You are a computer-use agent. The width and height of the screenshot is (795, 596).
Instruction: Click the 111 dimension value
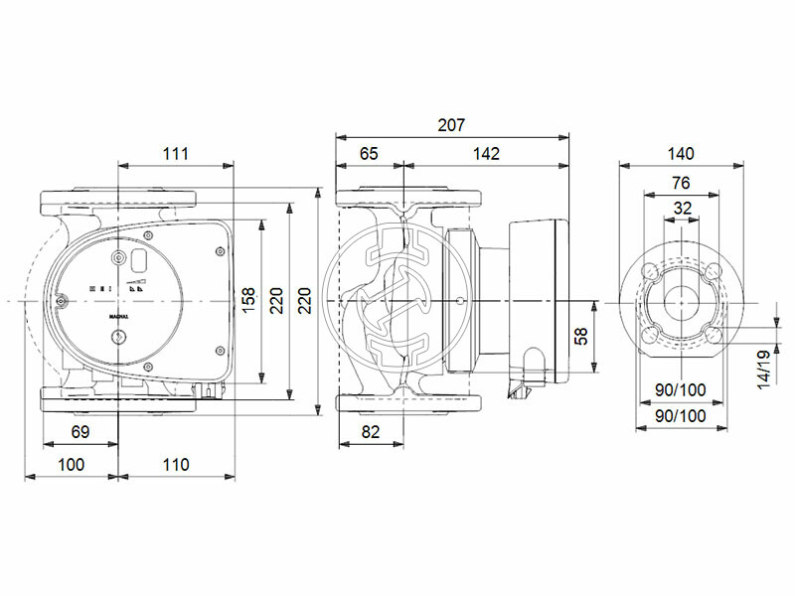coord(175,153)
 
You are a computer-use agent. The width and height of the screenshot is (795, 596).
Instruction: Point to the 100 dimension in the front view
coord(71,464)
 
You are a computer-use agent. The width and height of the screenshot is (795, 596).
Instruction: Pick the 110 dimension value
coord(175,464)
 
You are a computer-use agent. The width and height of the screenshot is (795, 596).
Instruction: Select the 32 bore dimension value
coord(682,209)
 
